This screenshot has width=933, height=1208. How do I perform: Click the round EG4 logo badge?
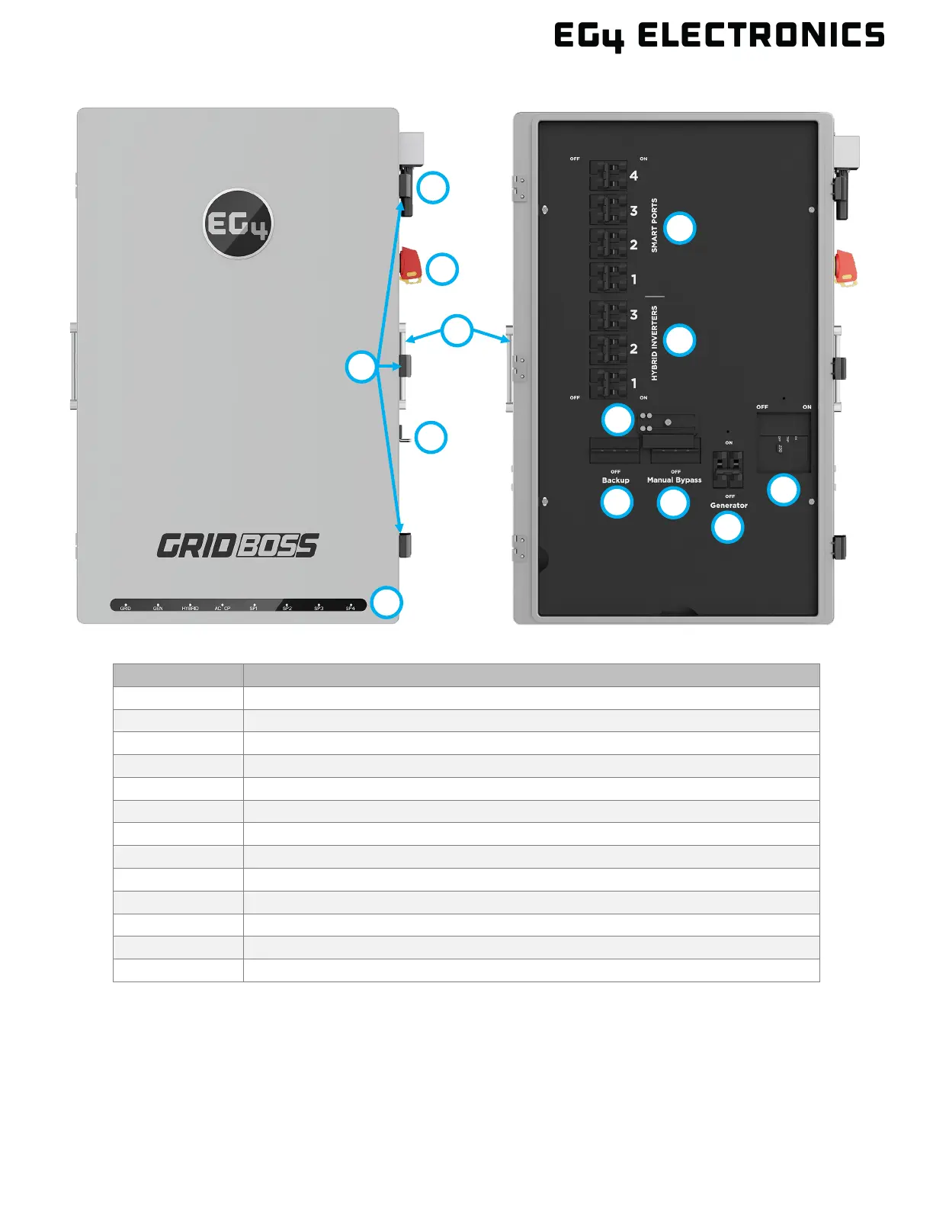tap(238, 223)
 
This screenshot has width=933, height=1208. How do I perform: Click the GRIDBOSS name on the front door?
tap(238, 545)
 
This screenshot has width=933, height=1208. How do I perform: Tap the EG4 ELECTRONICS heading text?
tap(719, 36)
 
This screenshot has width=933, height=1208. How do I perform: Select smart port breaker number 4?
tap(608, 176)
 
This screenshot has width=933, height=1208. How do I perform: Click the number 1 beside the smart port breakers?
tap(633, 280)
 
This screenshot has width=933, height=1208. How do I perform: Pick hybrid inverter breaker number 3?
tap(608, 315)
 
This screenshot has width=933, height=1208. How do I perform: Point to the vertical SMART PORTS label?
tap(654, 226)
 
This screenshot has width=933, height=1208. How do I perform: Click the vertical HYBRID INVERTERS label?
tap(654, 343)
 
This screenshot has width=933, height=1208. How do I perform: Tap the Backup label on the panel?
tap(615, 480)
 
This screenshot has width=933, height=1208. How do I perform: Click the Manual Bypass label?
tap(674, 480)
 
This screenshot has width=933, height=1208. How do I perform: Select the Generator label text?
tap(729, 506)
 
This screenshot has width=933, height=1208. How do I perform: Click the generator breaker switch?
tap(727, 469)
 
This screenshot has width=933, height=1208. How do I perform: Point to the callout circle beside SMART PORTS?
tap(680, 228)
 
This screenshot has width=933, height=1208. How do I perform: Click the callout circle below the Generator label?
tap(727, 527)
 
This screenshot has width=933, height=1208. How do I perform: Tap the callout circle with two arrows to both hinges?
tap(457, 330)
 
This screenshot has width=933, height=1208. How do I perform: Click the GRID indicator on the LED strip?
tap(126, 607)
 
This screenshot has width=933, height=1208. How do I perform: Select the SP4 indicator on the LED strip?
tap(351, 607)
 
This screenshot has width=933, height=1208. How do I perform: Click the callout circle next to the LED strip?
tap(386, 602)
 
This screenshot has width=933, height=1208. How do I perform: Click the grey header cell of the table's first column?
tap(178, 675)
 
